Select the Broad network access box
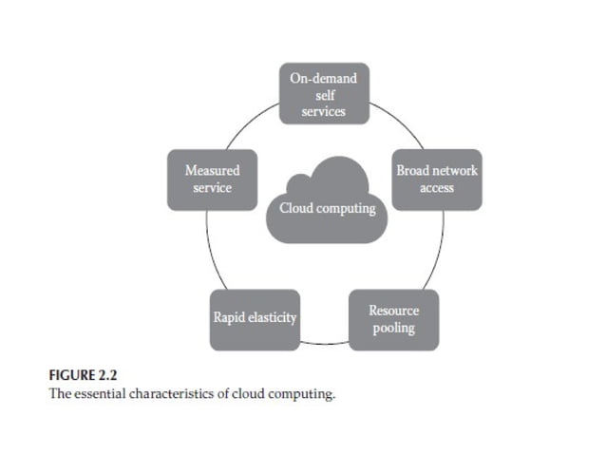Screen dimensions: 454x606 437,179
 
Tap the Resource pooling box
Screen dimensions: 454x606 393,320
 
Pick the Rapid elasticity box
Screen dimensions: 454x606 255,318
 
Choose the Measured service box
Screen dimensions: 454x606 212,179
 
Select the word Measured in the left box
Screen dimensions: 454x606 212,170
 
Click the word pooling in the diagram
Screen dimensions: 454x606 393,329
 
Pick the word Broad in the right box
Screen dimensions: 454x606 414,170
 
